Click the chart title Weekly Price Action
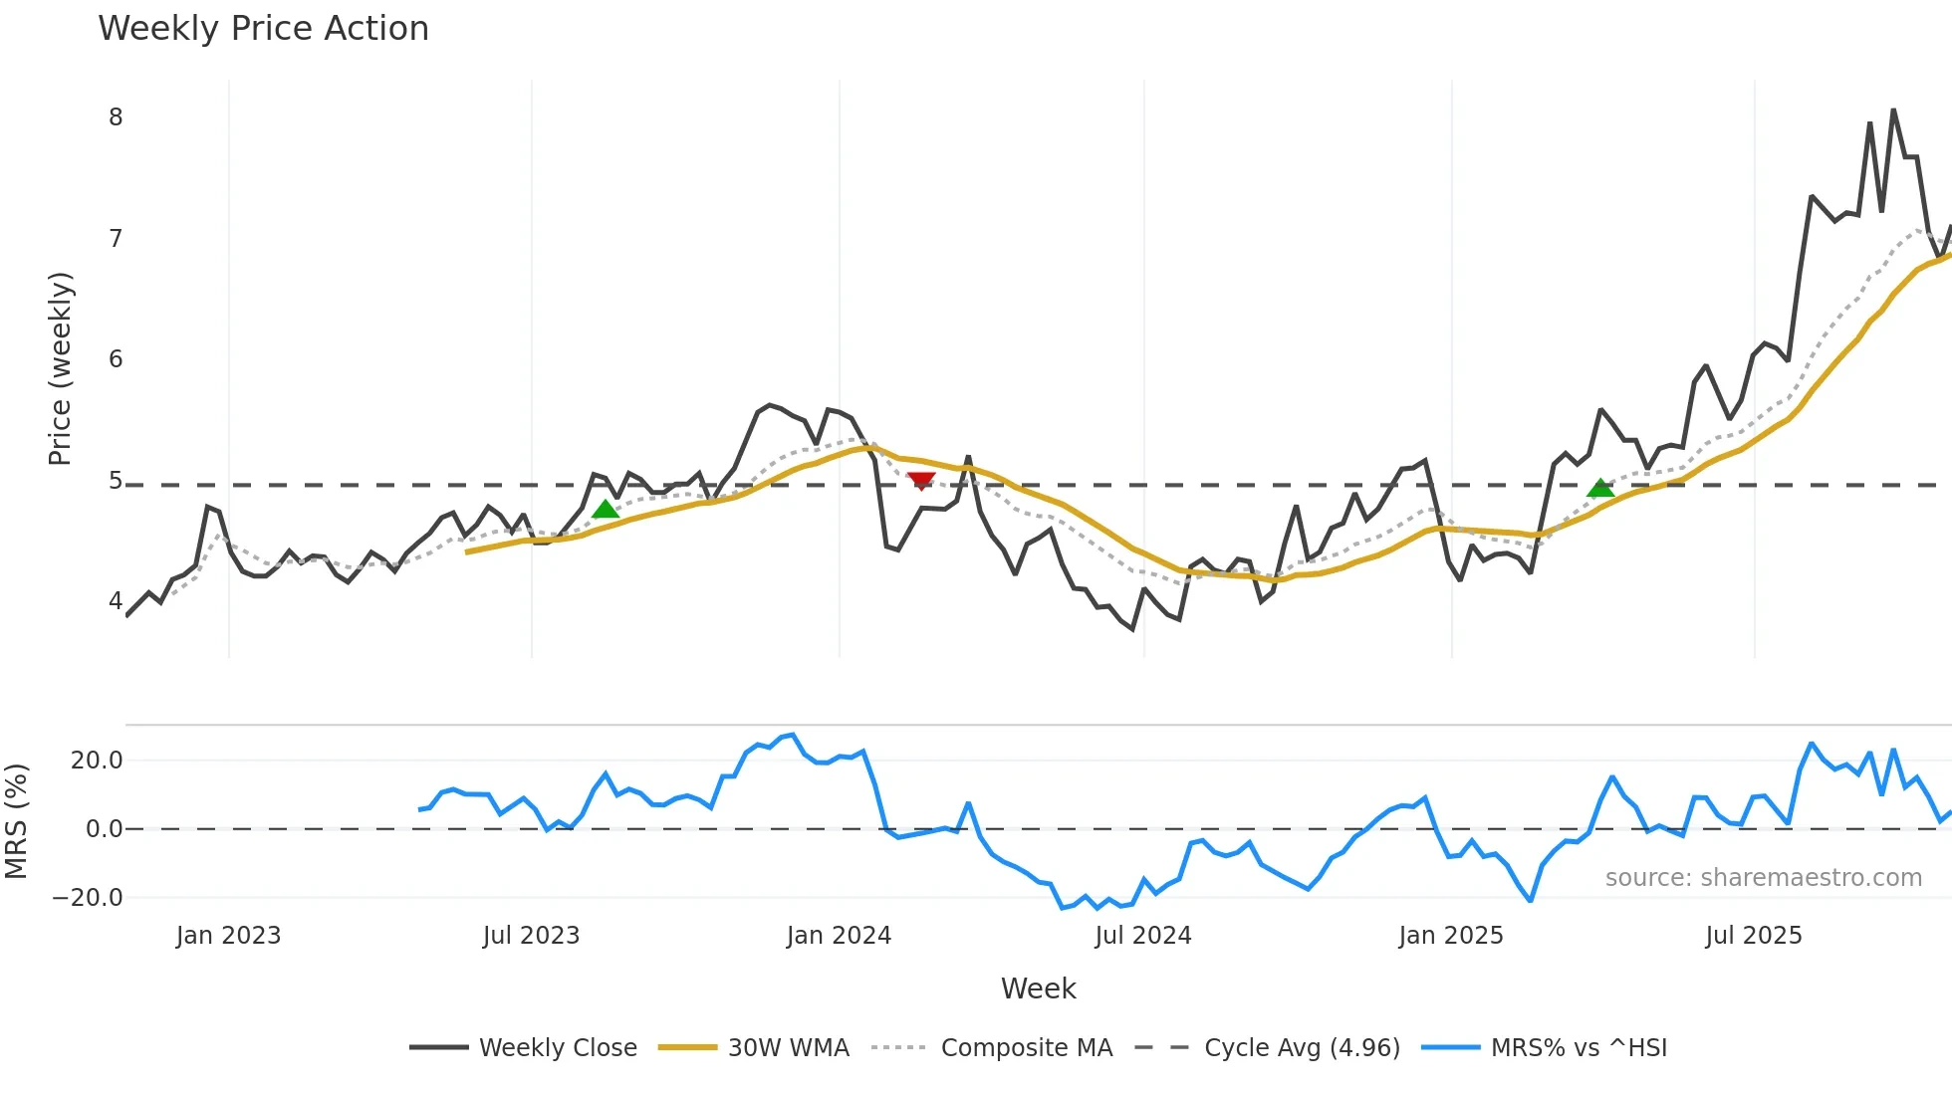pyautogui.click(x=263, y=29)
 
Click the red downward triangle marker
pyautogui.click(x=921, y=481)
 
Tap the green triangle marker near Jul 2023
pyautogui.click(x=605, y=510)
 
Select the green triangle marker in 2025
pyautogui.click(x=1600, y=488)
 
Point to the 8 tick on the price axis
pyautogui.click(x=116, y=117)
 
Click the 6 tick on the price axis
pyautogui.click(x=116, y=359)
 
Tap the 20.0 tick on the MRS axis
pyautogui.click(x=97, y=761)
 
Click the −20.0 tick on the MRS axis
pyautogui.click(x=88, y=898)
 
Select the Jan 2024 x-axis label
pyautogui.click(x=839, y=936)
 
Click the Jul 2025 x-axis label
pyautogui.click(x=1754, y=936)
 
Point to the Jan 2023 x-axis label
pyautogui.click(x=228, y=936)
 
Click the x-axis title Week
pyautogui.click(x=1038, y=988)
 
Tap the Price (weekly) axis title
pyautogui.click(x=60, y=368)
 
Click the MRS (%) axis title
pyautogui.click(x=16, y=821)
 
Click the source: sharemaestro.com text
pyautogui.click(x=1763, y=878)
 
